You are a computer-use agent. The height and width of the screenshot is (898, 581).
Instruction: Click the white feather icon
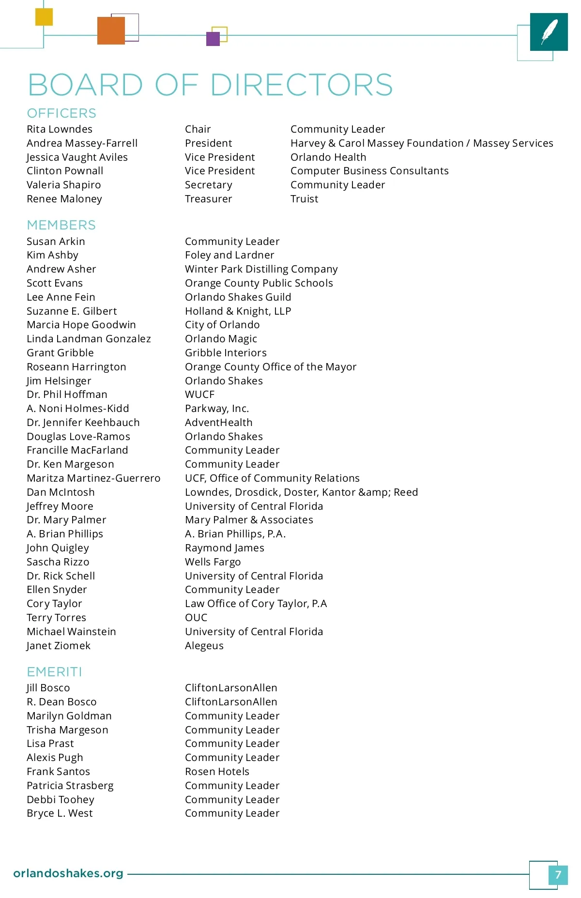point(549,31)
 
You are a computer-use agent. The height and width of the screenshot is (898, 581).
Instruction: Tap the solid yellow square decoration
point(44,17)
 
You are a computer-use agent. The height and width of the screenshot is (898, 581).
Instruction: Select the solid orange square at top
point(111,30)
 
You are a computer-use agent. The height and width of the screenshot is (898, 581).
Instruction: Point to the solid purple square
point(213,39)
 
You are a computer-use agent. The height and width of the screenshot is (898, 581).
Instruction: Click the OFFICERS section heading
point(61,113)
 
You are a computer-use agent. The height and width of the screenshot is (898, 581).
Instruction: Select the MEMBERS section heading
point(61,225)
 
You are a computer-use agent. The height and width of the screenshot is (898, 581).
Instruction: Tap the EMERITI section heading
point(54,672)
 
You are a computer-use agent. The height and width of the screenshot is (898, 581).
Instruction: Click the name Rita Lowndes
point(60,129)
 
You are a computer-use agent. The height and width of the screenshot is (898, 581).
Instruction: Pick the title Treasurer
point(208,199)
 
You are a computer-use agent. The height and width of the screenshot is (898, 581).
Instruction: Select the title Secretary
point(208,185)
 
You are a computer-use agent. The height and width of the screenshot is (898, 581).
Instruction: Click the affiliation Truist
point(304,199)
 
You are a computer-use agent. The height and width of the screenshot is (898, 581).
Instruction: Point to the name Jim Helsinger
point(59,381)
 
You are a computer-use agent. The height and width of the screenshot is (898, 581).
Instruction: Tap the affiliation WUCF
point(199,395)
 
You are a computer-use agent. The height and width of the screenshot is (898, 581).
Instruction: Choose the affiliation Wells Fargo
point(213,562)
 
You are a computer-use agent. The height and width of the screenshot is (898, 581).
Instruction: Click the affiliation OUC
point(196,618)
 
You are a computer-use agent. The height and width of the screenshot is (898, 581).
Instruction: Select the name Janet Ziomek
point(59,646)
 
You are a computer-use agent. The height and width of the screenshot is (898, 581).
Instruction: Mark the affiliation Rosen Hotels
point(217,772)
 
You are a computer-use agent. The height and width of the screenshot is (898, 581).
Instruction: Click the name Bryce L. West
point(60,813)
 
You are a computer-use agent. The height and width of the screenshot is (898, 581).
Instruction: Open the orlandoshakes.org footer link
point(68,873)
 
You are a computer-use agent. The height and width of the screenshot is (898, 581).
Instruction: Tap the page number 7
point(558,875)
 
